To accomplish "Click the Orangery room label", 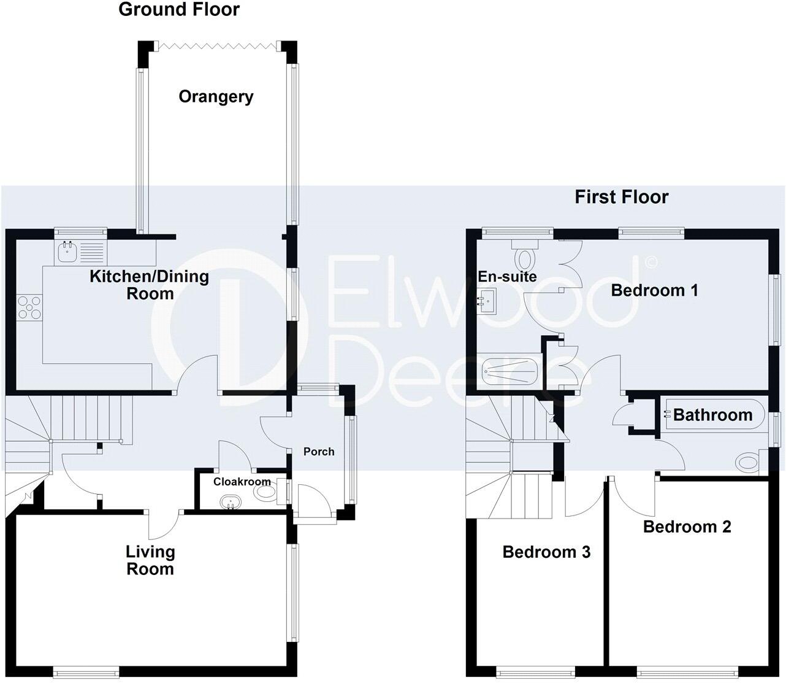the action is click(216, 97).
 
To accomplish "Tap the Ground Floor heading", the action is click(178, 10).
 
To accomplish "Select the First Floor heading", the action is click(621, 197).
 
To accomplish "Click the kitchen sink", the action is click(66, 250).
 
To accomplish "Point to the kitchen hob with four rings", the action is click(29, 307).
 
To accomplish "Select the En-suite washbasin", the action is click(488, 303).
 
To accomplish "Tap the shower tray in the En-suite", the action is click(509, 370).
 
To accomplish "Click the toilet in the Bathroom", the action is click(749, 461).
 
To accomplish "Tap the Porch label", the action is click(319, 452).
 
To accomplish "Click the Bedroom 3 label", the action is click(546, 552).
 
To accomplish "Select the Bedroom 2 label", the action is click(687, 527).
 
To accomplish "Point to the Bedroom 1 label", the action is click(654, 290).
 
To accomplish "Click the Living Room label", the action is click(150, 560).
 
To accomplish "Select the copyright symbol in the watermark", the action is click(652, 262).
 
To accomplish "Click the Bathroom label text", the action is click(712, 415).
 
